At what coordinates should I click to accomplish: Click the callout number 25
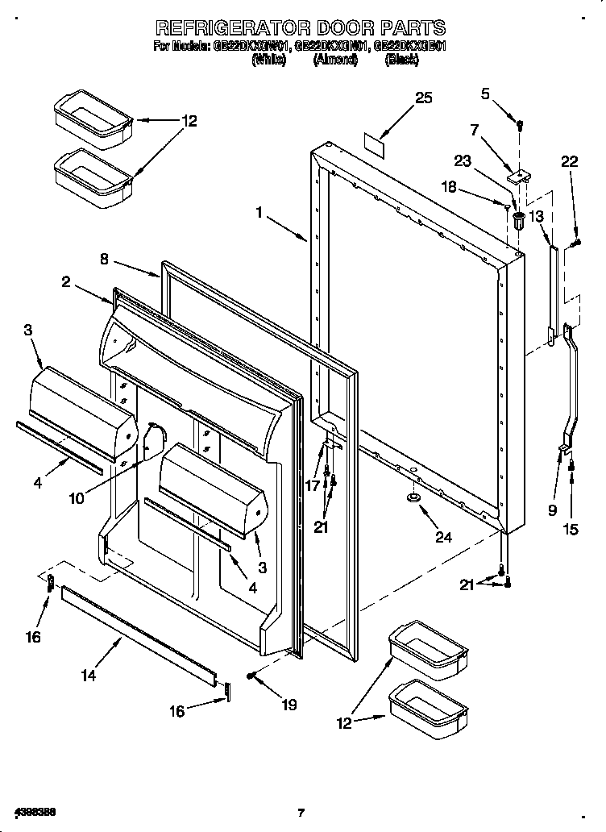point(423,98)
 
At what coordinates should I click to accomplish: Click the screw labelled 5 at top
point(520,125)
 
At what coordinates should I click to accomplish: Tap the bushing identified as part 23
point(517,218)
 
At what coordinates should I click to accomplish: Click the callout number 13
point(537,215)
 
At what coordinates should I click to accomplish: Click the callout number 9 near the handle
point(552,510)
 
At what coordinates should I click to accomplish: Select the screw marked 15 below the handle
point(571,465)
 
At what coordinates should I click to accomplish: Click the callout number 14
point(89,675)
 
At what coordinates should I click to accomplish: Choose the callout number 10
point(76,498)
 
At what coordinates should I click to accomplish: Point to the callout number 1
point(259,212)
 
